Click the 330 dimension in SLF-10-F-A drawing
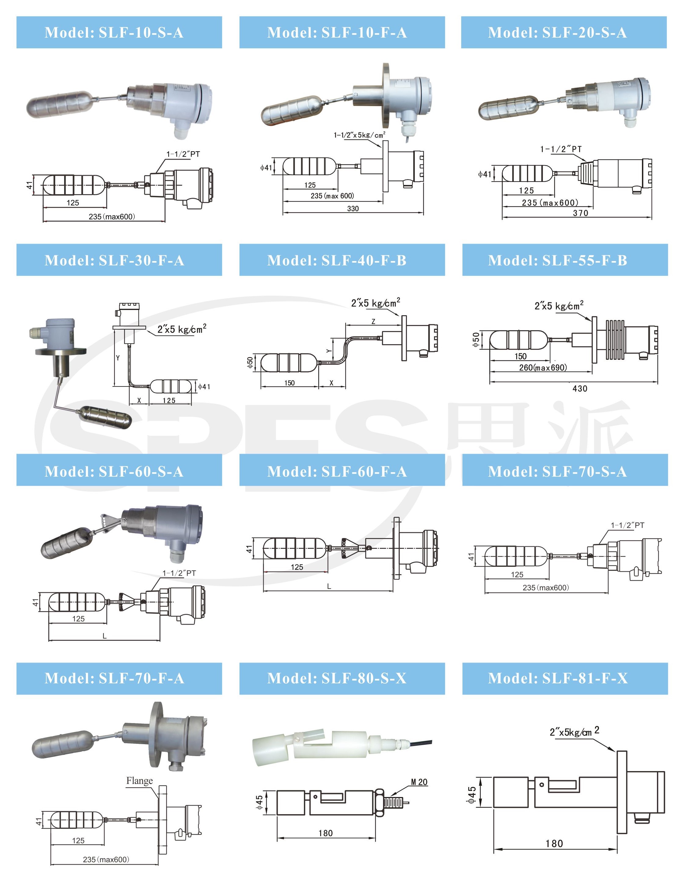(353, 209)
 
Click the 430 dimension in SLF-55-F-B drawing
(579, 389)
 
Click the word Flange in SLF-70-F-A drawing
(139, 780)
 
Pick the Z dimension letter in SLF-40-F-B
(373, 321)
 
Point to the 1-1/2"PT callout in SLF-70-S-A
(627, 525)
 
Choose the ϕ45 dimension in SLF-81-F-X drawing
(471, 795)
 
